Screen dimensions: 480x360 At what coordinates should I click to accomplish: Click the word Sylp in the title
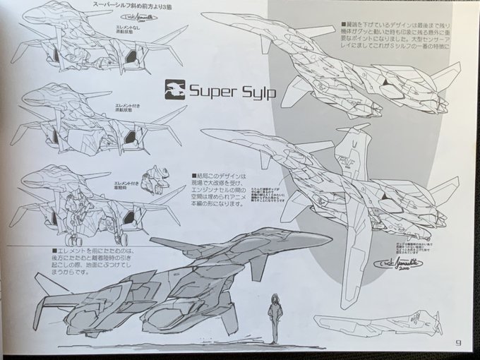pos(252,91)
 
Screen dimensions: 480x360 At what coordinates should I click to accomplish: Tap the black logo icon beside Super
pos(174,90)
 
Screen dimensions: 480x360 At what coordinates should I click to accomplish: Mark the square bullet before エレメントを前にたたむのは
pos(54,250)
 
